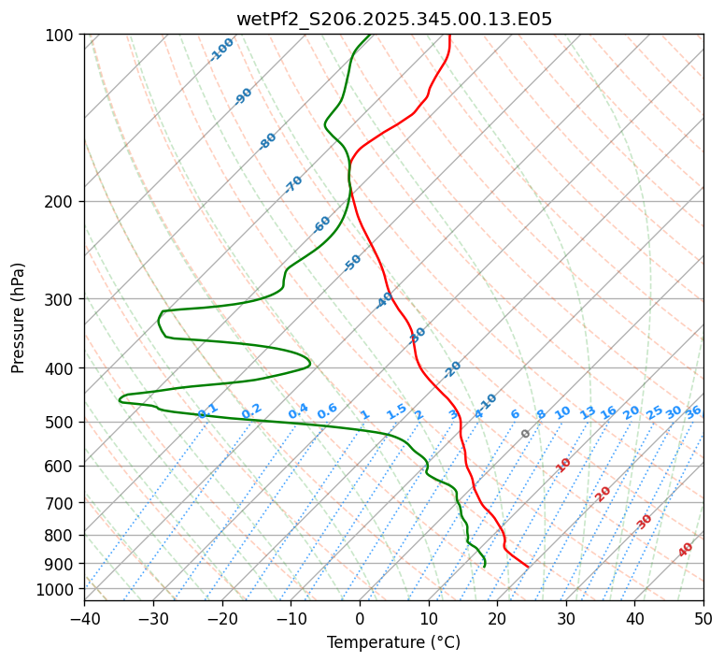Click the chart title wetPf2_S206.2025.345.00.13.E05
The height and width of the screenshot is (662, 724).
(x=393, y=19)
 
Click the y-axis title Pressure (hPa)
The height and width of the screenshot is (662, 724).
(x=18, y=317)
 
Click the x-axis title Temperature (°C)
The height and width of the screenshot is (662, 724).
(x=393, y=642)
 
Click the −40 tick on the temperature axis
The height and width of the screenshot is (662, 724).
(x=84, y=618)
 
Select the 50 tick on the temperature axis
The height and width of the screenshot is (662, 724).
(x=703, y=618)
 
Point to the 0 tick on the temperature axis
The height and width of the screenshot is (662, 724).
(x=360, y=618)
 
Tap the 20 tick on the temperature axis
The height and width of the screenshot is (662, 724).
(x=497, y=618)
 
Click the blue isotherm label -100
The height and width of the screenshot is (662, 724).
(x=221, y=50)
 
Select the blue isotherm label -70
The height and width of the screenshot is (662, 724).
(x=293, y=184)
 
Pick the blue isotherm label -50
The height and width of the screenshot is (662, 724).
(x=352, y=262)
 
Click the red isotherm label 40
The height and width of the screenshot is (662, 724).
(x=686, y=550)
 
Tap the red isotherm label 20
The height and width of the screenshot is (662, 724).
(x=603, y=493)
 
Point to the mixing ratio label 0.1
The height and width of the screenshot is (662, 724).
(x=208, y=410)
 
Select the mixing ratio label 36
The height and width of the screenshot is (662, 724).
(x=693, y=411)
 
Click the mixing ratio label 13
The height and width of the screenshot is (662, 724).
(x=588, y=412)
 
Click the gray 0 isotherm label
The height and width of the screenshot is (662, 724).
(x=526, y=434)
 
